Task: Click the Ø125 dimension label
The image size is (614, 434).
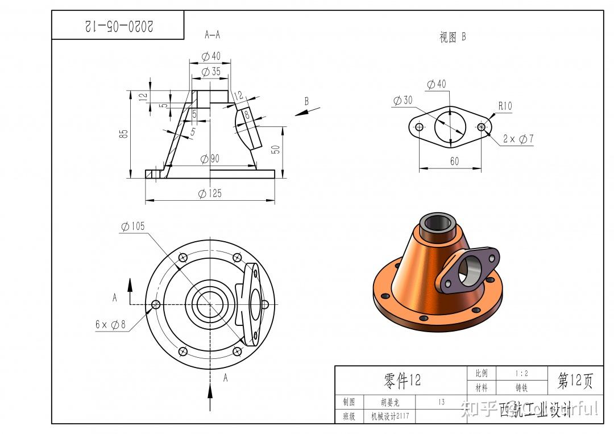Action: coord(210,193)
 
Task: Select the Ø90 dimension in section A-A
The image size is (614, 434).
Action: coord(210,159)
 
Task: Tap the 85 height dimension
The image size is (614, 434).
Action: coord(123,134)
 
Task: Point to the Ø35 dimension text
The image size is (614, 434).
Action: coord(211,72)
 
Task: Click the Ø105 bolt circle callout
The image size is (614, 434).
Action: coord(132,226)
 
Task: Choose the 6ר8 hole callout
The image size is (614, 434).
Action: coord(110,325)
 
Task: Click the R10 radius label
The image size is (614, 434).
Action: coord(505,106)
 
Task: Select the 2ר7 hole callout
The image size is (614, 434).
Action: coord(518,139)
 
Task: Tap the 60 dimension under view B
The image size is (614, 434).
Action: coord(454,162)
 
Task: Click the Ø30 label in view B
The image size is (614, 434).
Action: coord(403,101)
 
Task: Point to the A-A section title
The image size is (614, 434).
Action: coord(212,35)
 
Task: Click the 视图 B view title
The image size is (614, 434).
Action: coord(453,38)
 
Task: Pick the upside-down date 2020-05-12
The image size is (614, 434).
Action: coord(119,26)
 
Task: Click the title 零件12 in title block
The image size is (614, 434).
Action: coord(402,380)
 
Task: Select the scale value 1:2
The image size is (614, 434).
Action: coord(521,373)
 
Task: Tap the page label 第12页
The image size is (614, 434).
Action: coord(575,381)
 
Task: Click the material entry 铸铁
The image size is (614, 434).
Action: coord(521,388)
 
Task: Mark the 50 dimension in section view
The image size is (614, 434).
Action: coord(276,149)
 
